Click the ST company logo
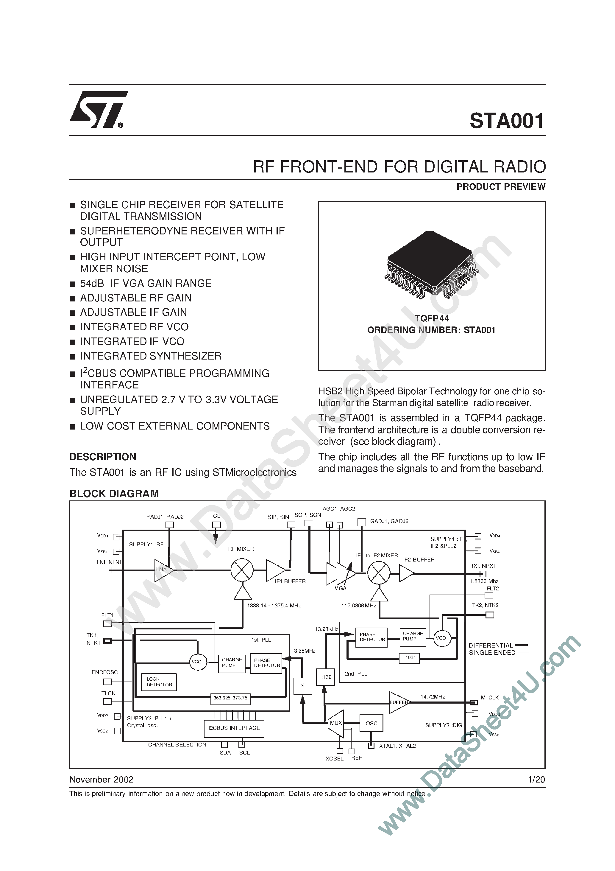click(98, 110)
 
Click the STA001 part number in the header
click(507, 121)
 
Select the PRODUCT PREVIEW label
click(500, 187)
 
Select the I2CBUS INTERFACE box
click(234, 728)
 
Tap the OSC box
click(371, 724)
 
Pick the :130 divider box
click(326, 677)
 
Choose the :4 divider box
click(302, 685)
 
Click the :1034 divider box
click(409, 657)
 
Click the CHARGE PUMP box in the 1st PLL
click(232, 662)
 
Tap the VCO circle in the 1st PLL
click(196, 662)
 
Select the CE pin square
click(216, 525)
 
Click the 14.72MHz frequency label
click(433, 696)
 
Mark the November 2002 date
click(101, 780)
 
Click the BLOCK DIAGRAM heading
click(114, 494)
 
